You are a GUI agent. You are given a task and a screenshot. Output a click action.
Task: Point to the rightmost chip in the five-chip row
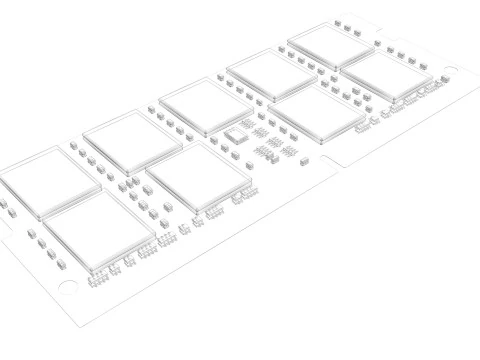[329, 45]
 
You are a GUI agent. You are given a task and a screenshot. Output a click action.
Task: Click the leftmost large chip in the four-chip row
[96, 233]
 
